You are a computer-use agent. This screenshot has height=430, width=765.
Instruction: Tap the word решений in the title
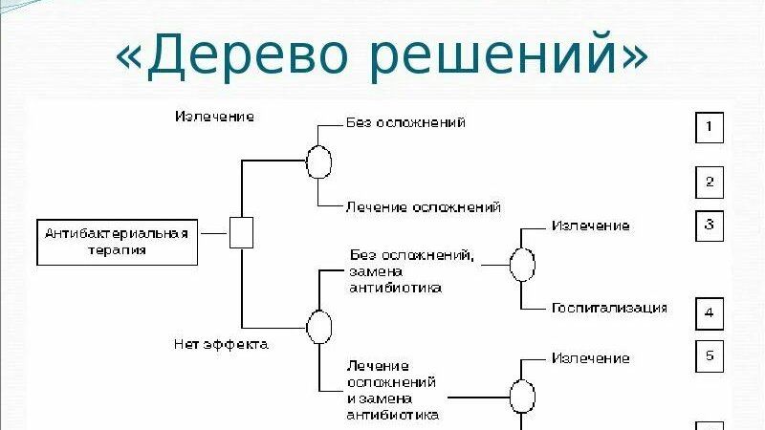[498, 55]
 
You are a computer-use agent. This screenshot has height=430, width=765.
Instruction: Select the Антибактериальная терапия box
[118, 242]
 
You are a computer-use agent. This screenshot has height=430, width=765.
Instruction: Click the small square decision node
[241, 233]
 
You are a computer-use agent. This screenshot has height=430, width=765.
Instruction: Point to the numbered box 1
[709, 127]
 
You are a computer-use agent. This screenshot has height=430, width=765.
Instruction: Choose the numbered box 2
[709, 182]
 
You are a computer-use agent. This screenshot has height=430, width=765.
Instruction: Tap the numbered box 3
[709, 226]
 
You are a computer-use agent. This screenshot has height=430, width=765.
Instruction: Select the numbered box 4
[709, 312]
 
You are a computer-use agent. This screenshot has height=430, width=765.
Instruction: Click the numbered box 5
[709, 355]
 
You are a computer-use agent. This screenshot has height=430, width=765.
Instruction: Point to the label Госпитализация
[609, 308]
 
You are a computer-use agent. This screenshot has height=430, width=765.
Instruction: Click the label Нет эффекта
[221, 344]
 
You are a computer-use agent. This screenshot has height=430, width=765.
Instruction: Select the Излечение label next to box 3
[590, 226]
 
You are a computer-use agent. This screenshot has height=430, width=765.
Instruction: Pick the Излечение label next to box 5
[590, 358]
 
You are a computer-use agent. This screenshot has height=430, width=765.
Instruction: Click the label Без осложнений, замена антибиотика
[410, 270]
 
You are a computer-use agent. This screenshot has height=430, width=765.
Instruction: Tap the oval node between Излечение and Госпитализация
[521, 265]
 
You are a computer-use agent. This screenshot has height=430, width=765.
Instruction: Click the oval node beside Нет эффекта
[318, 326]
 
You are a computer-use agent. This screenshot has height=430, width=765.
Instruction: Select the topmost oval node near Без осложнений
[318, 161]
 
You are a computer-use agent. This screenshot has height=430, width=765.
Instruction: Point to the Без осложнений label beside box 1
[405, 122]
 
